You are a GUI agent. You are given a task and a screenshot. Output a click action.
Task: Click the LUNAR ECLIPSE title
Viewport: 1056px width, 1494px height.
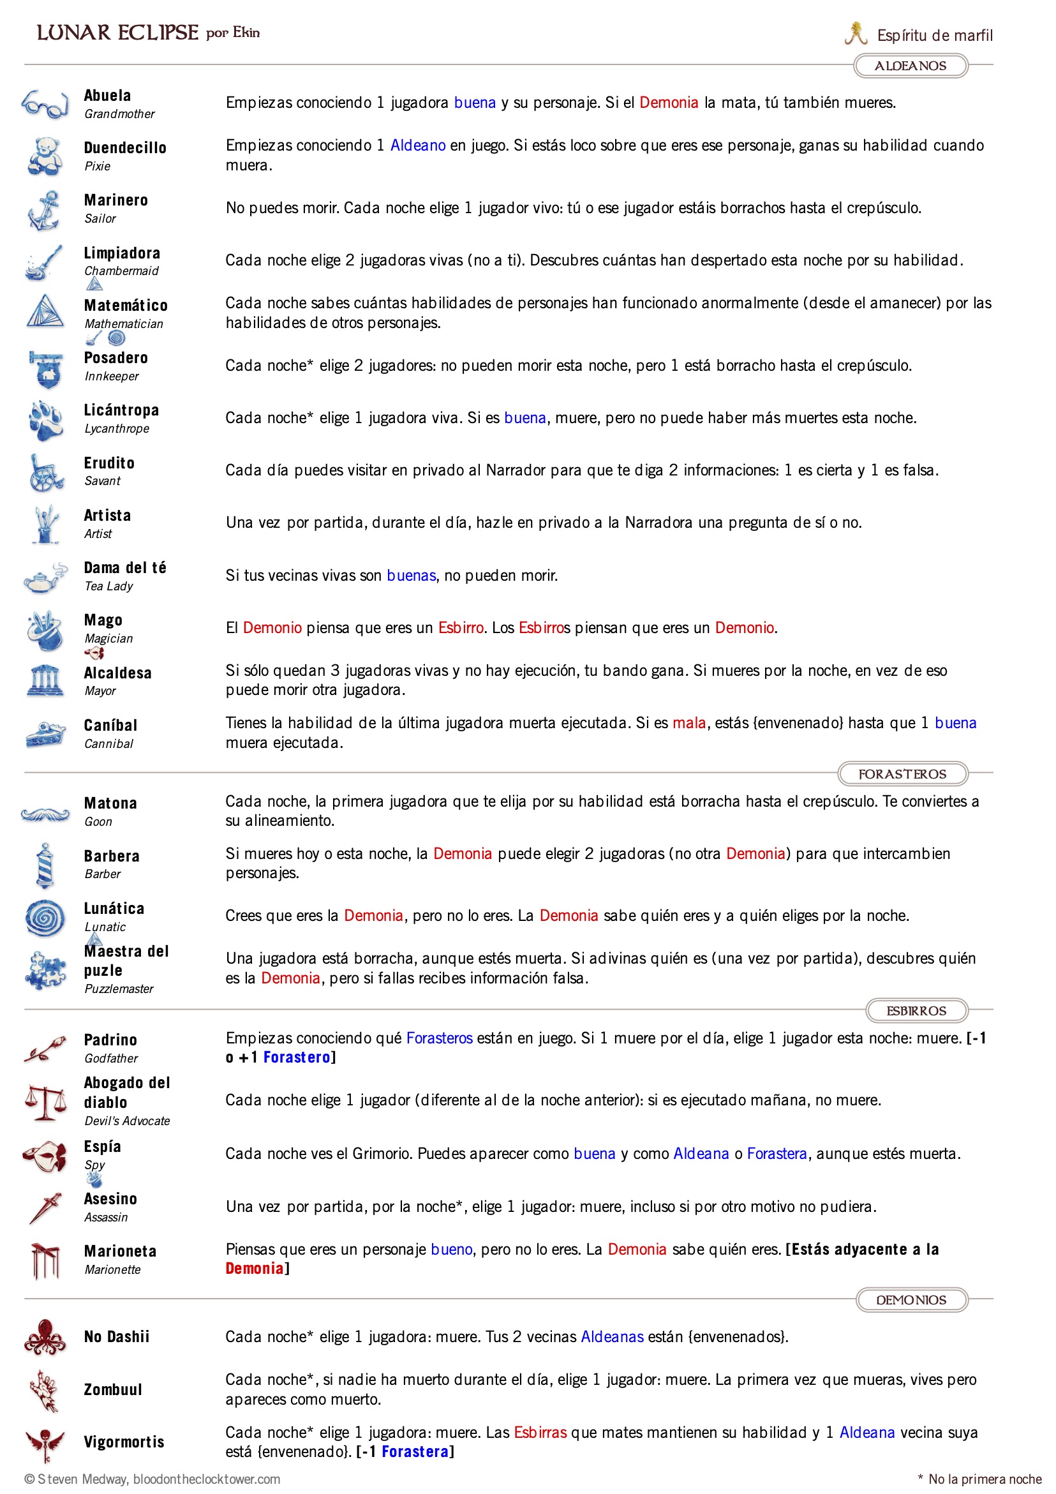tap(117, 33)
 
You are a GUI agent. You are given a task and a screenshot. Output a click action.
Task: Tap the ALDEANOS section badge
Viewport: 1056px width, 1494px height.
tap(910, 66)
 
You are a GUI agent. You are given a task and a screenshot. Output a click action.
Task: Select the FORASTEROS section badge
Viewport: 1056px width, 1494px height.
tap(902, 773)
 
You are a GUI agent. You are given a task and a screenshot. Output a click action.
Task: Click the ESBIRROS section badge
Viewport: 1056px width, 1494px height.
tap(916, 1010)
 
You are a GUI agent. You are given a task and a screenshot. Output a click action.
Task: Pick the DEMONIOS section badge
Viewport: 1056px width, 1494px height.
tap(911, 1299)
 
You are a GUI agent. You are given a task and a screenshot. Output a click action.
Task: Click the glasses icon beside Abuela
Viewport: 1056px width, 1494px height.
tap(44, 104)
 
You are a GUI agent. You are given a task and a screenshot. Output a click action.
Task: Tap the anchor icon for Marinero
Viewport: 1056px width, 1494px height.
tap(44, 209)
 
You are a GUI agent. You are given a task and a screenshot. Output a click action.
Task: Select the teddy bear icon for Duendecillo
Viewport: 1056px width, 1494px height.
tap(44, 156)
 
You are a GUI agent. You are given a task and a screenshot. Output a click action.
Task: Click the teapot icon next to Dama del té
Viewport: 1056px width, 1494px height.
tap(44, 577)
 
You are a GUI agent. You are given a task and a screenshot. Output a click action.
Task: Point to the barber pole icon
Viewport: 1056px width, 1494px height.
tap(44, 865)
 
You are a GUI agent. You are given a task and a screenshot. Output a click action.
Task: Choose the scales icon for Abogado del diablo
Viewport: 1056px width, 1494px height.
tap(44, 1102)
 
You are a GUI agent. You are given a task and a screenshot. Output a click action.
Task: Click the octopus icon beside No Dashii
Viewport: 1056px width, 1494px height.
tap(44, 1337)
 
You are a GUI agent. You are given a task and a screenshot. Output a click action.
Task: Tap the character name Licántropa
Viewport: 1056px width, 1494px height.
tap(121, 410)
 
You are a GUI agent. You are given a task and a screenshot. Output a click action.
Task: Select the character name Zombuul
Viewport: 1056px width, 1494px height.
tap(112, 1389)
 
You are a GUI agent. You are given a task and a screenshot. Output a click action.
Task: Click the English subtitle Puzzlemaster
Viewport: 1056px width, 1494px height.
tap(119, 989)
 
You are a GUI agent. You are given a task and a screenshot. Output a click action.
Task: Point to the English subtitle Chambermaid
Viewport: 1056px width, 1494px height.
tap(121, 271)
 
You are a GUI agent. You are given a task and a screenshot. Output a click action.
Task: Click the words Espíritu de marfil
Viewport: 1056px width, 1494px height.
tap(933, 35)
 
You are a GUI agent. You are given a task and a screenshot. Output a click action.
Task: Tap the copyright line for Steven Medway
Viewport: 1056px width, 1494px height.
tap(152, 1479)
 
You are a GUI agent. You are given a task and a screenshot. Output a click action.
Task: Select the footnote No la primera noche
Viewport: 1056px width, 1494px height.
tap(984, 1479)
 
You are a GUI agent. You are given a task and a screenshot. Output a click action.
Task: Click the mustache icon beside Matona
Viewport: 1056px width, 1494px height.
tap(44, 813)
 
